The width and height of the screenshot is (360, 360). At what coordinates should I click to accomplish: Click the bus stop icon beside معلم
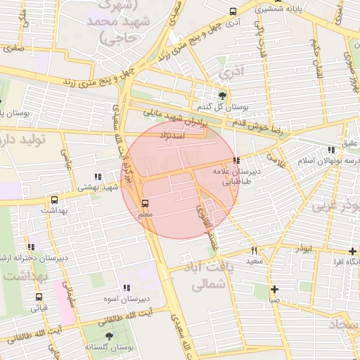coord(146,203)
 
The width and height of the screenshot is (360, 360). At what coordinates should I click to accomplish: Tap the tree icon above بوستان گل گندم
coord(223,96)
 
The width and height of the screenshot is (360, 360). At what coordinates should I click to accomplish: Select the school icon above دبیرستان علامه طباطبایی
coord(237,160)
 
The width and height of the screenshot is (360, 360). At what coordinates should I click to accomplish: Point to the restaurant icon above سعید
coord(254,250)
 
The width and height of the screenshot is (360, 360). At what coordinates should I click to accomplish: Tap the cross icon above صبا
coord(274,289)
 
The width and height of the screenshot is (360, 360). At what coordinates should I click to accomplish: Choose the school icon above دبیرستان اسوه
coord(127,288)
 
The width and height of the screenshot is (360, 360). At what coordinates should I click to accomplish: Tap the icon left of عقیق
coord(331,150)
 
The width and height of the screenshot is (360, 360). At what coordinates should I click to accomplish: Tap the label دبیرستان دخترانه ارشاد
coord(37,257)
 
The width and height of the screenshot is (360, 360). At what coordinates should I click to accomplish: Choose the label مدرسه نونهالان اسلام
coord(328,161)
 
